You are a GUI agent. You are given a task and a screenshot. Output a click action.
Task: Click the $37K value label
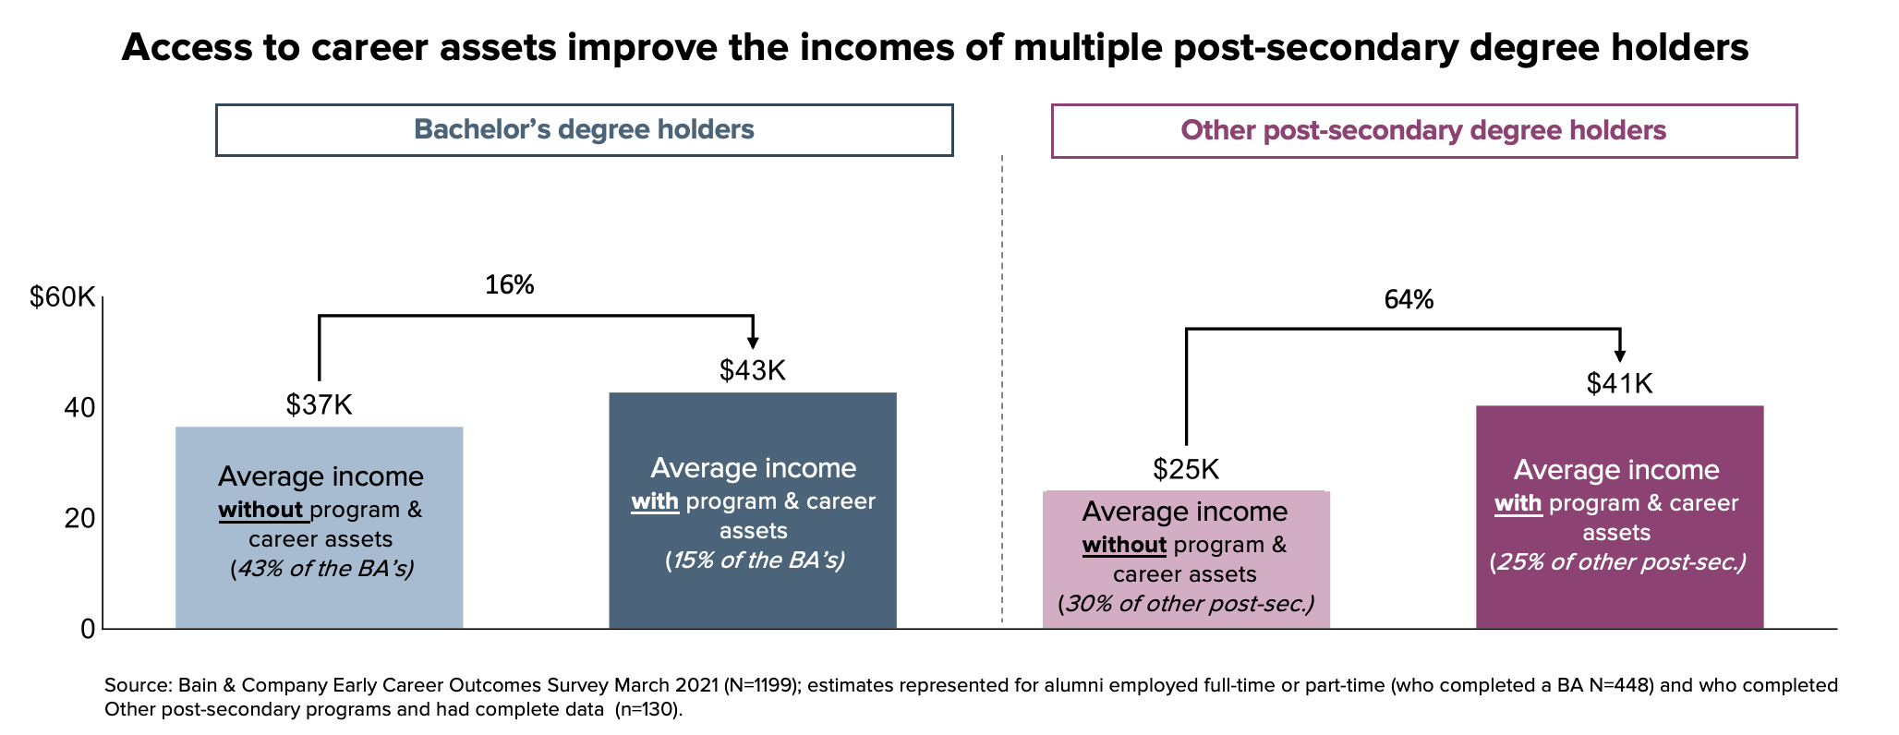coord(319,404)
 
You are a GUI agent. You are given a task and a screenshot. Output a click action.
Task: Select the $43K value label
coord(753,370)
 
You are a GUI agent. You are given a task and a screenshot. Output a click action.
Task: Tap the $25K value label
coord(1186,469)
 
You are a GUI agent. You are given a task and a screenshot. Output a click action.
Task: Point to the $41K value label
coord(1619,383)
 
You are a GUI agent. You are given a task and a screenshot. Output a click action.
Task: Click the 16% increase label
coord(510,285)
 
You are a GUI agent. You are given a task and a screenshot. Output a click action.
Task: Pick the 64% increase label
coord(1409,299)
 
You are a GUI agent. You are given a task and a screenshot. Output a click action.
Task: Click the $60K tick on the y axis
coord(63,297)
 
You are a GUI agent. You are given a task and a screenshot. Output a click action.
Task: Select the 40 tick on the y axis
coord(79,408)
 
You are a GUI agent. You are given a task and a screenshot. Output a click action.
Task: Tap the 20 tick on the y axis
coord(79,519)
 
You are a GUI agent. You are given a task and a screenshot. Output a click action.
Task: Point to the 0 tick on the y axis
coord(88,629)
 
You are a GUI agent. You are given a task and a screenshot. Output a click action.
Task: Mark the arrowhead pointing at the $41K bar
coord(1619,356)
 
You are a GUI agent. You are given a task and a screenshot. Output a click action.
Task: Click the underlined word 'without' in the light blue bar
coord(262,510)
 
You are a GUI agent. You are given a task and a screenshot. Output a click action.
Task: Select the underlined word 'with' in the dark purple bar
coord(1518,503)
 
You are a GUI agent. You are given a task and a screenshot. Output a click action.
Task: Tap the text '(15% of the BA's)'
coord(755,560)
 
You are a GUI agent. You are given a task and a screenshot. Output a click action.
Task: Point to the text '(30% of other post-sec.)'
coord(1186,605)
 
